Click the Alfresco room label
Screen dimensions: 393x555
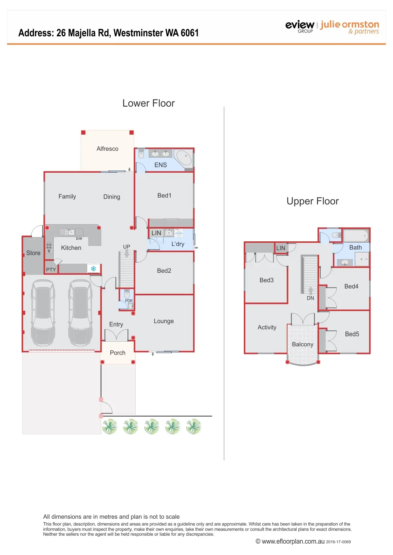point(107,149)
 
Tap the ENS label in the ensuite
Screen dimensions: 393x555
point(160,165)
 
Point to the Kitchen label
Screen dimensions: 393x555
point(71,248)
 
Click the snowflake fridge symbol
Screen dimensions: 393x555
point(93,269)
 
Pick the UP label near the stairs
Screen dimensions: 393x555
point(126,247)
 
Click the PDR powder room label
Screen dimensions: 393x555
point(129,301)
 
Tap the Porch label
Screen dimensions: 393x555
point(118,353)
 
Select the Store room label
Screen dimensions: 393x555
point(33,253)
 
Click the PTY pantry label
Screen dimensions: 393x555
point(51,270)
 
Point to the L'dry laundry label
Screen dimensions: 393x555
point(178,244)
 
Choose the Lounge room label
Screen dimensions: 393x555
point(164,321)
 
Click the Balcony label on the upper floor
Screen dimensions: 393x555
point(303,344)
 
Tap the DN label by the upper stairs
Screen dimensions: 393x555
point(310,298)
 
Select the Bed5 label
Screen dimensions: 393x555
point(352,334)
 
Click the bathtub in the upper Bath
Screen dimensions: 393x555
point(355,235)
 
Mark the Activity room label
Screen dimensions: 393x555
point(267,327)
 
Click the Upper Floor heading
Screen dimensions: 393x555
point(312,201)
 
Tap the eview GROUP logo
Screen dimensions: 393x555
point(300,26)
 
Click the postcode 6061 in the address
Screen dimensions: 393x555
point(190,33)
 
